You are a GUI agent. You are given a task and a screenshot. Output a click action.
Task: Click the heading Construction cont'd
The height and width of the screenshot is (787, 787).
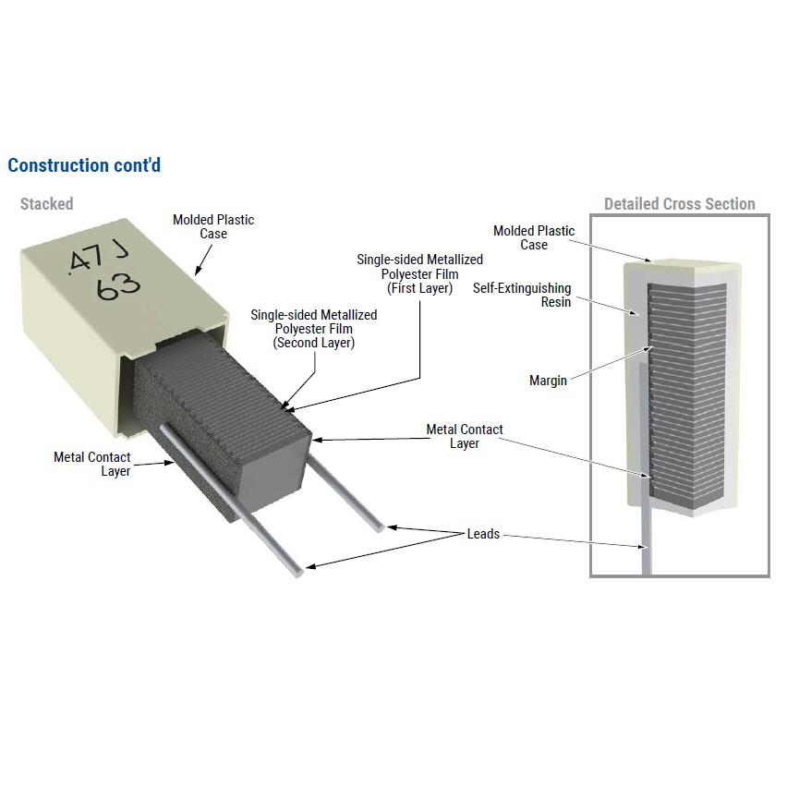84,165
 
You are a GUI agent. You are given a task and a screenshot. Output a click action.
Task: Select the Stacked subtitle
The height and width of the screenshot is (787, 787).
46,203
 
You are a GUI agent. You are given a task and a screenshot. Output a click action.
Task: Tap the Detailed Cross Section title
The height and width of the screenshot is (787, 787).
679,204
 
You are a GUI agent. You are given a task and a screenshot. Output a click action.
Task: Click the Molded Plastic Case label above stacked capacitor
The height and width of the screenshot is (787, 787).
213,226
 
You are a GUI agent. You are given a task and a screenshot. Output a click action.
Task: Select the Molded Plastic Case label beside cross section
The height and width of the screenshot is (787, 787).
534,237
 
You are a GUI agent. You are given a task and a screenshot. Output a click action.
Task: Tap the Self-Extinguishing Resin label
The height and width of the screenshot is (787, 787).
522,295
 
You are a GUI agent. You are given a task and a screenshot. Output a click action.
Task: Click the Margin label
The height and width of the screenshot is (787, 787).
548,381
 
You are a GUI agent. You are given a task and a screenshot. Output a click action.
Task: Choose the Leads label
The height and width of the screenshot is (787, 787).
483,534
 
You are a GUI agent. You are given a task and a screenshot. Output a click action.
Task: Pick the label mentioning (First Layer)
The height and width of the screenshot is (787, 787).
419,274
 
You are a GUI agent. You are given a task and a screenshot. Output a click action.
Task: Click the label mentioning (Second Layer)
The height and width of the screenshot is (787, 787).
313,329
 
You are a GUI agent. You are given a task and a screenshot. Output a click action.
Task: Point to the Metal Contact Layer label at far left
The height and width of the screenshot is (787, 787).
91,464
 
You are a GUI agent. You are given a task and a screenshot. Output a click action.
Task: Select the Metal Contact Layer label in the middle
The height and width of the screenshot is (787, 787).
465,436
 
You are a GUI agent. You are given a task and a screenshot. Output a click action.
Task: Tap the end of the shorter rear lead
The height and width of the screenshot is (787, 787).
379,528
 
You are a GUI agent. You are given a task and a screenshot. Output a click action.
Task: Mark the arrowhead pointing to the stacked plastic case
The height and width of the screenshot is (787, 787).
198,271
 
